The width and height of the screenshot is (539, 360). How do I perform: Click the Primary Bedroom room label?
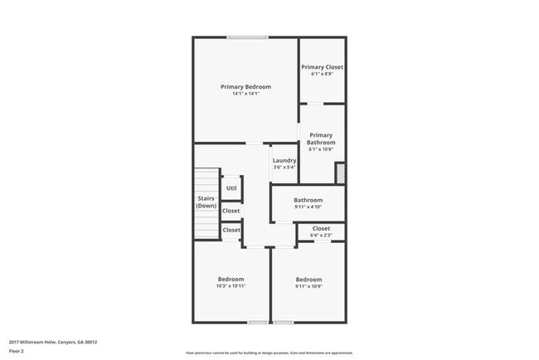245,86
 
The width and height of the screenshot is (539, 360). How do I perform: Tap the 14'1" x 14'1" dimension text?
245,94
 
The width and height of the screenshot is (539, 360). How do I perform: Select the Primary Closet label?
322,67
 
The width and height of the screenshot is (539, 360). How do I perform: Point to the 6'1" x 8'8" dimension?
322,75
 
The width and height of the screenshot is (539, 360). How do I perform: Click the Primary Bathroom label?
321,139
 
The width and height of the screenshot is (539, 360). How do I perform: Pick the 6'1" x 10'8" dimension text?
321,150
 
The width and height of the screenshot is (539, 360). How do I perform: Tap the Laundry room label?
284,160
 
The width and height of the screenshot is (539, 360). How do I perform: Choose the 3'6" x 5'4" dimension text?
284,168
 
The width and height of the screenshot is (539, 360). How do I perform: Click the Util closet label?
231,188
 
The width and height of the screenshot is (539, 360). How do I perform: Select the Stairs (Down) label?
206,202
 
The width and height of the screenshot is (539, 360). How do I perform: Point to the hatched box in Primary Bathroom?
340,172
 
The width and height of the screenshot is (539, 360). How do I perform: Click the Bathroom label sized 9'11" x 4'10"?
308,200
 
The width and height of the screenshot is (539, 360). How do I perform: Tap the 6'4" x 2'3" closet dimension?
321,236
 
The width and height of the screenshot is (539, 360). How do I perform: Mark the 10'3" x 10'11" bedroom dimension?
231,286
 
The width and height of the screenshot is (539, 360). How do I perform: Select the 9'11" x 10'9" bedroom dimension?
308,286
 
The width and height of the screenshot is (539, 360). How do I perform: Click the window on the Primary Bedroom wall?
248,37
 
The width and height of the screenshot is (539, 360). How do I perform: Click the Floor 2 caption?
17,351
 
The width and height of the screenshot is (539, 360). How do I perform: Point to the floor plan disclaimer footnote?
269,352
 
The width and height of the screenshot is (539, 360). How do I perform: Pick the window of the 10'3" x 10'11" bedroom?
258,323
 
